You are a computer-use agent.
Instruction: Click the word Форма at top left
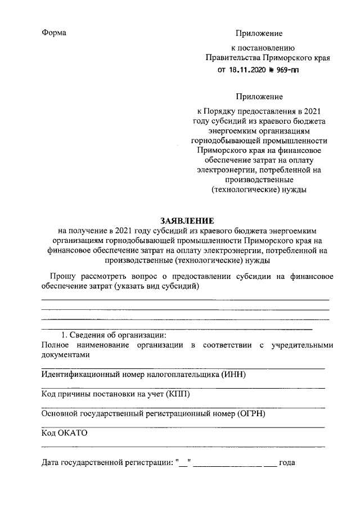tap(55, 33)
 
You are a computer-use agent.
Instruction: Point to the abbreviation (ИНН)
tap(234, 374)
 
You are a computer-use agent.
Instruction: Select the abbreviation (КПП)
tap(178, 394)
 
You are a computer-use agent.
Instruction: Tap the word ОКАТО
tap(73, 433)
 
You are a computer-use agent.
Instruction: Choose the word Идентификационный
tap(82, 374)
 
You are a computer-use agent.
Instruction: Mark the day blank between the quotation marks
tap(184, 463)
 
